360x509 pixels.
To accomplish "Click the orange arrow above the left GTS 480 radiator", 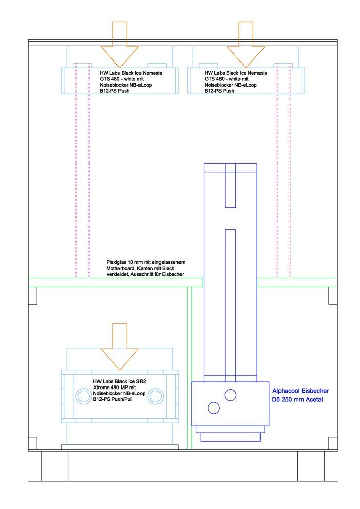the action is click(x=119, y=45).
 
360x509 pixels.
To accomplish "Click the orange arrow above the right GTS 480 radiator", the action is click(x=246, y=45).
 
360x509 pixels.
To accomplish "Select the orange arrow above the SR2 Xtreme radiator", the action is click(x=119, y=347).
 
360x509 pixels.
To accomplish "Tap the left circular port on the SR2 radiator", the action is click(x=84, y=396).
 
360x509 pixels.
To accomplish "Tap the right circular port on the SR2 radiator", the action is click(x=155, y=396).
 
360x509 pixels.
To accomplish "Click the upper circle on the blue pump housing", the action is click(x=230, y=395).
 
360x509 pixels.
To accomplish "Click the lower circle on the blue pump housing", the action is click(x=214, y=408).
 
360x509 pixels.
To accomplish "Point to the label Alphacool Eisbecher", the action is click(x=301, y=391).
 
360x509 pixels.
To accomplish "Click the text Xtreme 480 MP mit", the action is click(x=114, y=388).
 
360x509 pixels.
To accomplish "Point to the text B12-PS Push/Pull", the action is click(x=113, y=399).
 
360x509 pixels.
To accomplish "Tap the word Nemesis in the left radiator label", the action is click(x=152, y=73).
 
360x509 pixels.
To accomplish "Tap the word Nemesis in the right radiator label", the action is click(x=257, y=73).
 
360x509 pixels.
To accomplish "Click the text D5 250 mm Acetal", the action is click(x=297, y=400).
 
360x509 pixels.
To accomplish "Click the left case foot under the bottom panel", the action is click(x=54, y=466).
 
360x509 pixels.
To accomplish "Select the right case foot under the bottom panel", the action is click(x=311, y=466).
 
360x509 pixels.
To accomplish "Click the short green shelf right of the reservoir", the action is click(x=297, y=282).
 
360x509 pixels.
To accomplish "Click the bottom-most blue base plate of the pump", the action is click(x=230, y=437).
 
